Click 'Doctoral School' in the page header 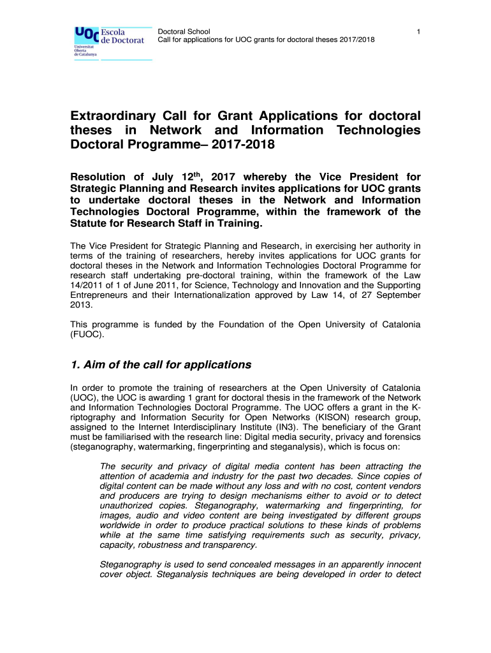pos(184,31)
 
